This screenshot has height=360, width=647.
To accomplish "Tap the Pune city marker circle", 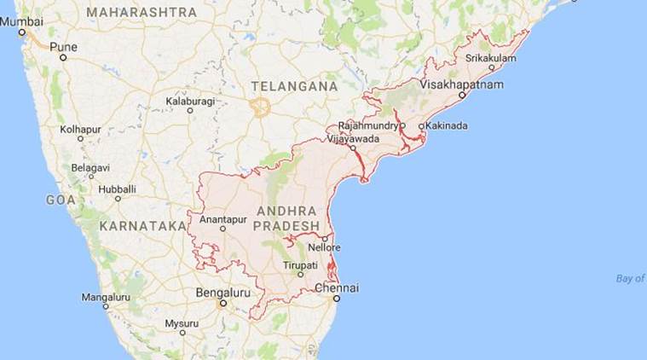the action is [63, 57].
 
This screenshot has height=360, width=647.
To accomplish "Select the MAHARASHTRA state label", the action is [141, 12].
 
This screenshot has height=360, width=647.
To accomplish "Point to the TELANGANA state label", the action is [294, 86].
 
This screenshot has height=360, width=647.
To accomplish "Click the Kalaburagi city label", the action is [188, 100].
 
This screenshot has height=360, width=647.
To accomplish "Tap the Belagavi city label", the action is [90, 167].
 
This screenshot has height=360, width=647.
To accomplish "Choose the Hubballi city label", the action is [117, 188].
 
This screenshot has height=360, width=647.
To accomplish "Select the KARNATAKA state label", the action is [142, 226].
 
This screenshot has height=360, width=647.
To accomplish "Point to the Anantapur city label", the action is [222, 218].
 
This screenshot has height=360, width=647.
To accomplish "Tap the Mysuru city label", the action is [182, 323].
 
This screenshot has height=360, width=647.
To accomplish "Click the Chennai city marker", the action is [337, 299].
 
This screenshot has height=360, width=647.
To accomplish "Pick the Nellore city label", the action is [324, 248].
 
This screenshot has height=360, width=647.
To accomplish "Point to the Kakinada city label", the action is [448, 126].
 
